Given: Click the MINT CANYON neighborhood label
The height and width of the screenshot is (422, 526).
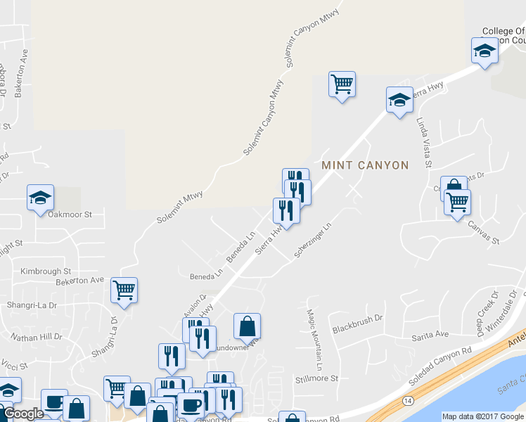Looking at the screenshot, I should (365, 165).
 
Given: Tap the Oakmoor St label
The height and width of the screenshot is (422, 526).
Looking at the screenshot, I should (69, 214).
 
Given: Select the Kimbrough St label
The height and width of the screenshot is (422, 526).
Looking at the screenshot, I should (46, 271).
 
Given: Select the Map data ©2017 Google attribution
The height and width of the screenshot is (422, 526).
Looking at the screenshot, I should (483, 416).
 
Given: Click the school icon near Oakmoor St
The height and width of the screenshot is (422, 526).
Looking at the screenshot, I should (40, 197).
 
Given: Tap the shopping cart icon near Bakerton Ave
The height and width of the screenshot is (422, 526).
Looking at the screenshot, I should (124, 289).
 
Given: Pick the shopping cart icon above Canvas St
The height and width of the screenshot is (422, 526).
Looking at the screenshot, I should (458, 202).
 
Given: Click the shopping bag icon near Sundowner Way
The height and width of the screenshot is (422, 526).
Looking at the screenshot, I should (247, 325).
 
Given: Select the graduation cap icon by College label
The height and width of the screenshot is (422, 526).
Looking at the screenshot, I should (484, 51).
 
